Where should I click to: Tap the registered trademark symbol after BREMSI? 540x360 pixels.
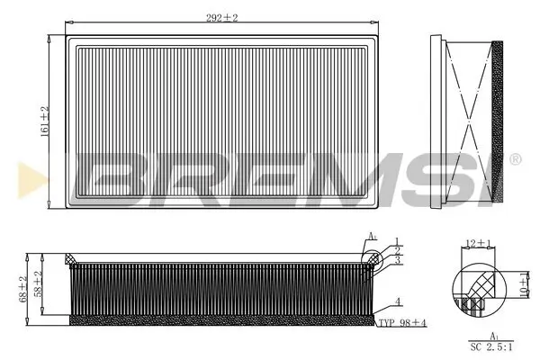pos(515,160)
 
